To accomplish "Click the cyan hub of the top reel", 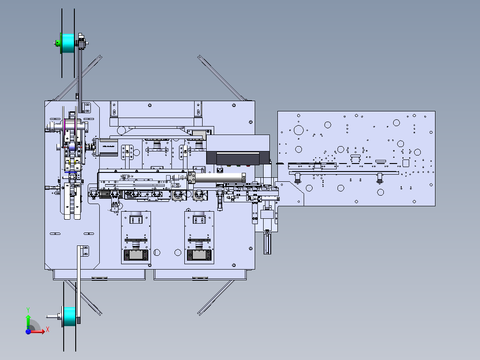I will pyautogui.click(x=69, y=42).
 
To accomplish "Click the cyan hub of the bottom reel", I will pyautogui.click(x=69, y=316).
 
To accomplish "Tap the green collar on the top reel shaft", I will pyautogui.click(x=58, y=43).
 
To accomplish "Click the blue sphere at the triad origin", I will pyautogui.click(x=28, y=331).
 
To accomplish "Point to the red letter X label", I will pyautogui.click(x=47, y=329).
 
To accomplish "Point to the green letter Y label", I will pyautogui.click(x=28, y=309).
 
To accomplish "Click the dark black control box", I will pyautogui.click(x=238, y=158).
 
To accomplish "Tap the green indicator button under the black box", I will pyautogui.click(x=228, y=166).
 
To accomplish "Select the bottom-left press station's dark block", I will pyautogui.click(x=135, y=255).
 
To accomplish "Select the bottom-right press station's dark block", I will pyautogui.click(x=199, y=255).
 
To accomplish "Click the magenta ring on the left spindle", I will pyautogui.click(x=66, y=129).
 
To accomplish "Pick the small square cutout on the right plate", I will pyautogui.click(x=406, y=163).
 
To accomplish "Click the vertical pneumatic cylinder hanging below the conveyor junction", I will pyautogui.click(x=267, y=243).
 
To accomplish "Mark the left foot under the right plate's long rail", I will pyautogui.click(x=298, y=178).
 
